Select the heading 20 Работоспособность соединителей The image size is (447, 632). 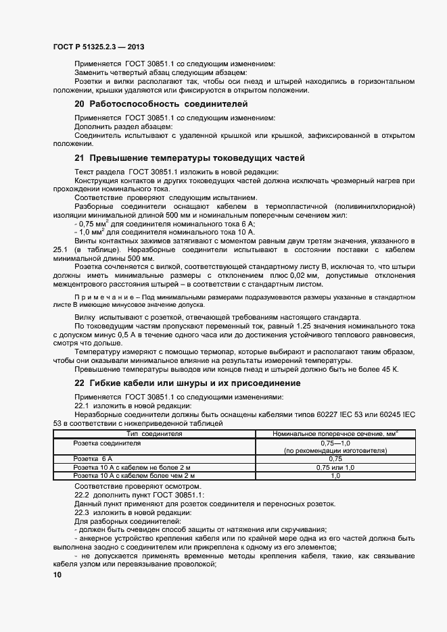click(x=161, y=104)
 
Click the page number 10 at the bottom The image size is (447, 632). click(x=57, y=575)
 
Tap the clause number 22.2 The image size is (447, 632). click(x=82, y=495)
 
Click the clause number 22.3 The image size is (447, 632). click(x=82, y=512)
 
